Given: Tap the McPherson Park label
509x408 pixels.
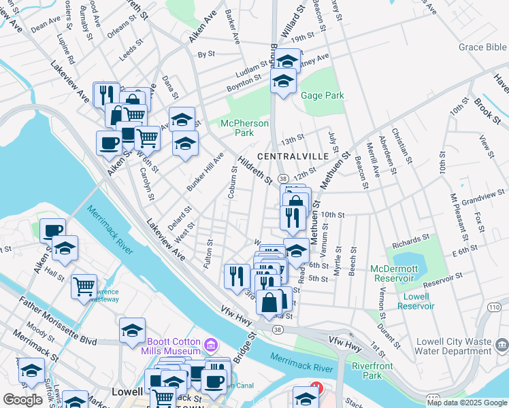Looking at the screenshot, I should pyautogui.click(x=244, y=128).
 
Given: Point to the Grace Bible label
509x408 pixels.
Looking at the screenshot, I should pyautogui.click(x=482, y=48).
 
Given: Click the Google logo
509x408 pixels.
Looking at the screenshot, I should pyautogui.click(x=22, y=400).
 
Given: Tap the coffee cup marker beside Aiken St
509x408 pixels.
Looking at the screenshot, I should pyautogui.click(x=109, y=143).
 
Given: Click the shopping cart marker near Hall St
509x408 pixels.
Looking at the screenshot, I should pyautogui.click(x=84, y=286).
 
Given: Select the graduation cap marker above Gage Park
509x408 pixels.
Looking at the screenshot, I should pyautogui.click(x=286, y=61).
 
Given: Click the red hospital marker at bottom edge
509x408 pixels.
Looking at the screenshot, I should pyautogui.click(x=314, y=389).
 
